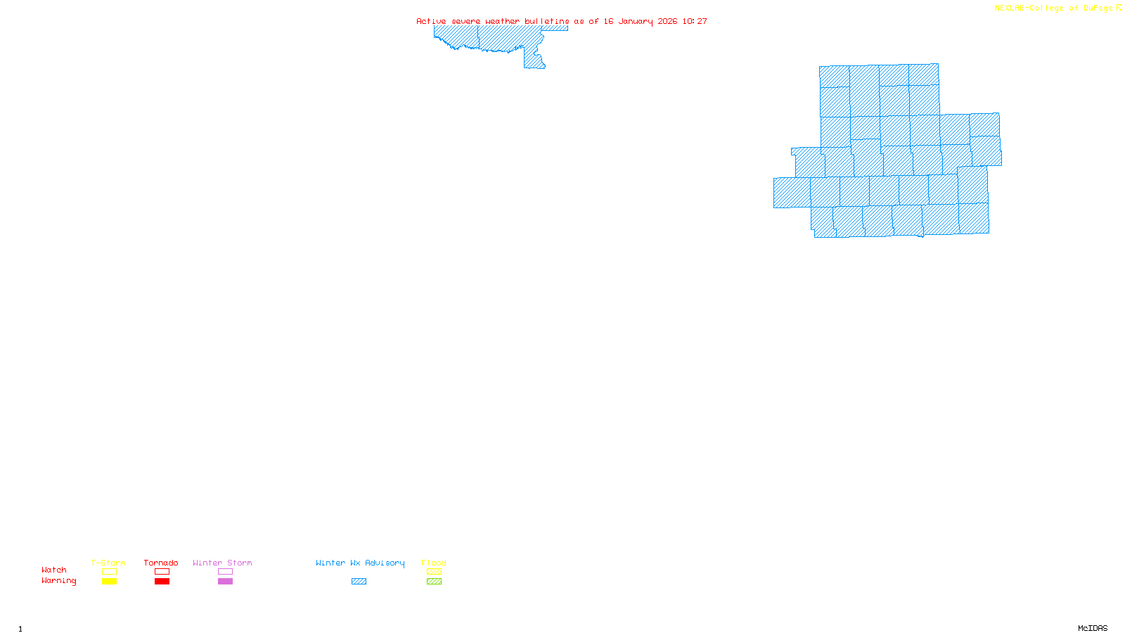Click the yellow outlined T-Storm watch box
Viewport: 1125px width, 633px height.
109,572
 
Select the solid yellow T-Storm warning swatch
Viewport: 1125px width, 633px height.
109,582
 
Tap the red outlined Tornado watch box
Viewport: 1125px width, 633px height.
162,572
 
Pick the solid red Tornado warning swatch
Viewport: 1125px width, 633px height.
162,582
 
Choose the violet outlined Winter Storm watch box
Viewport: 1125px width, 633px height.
225,572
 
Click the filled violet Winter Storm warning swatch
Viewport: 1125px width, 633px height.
225,582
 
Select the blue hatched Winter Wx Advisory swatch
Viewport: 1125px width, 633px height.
359,582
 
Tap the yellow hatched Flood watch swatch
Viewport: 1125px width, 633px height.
434,572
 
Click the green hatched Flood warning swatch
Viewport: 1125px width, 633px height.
434,582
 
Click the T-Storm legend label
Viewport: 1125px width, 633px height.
108,563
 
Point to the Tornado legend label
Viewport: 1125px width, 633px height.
161,563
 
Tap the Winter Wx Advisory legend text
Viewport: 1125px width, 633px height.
360,563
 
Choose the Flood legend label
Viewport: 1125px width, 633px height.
434,563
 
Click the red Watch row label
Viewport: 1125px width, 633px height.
54,570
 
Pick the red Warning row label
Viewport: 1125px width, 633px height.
58,581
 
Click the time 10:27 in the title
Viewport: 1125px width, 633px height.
695,21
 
